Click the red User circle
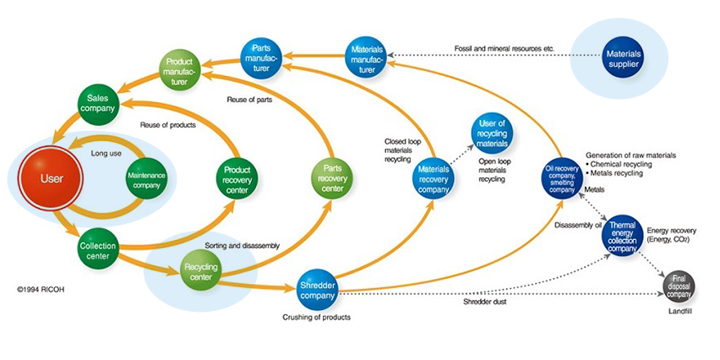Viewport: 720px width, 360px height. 52,179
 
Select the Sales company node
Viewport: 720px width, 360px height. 98,104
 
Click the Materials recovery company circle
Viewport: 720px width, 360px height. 433,178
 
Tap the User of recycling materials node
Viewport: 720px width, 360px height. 492,131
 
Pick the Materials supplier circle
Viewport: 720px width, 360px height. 624,59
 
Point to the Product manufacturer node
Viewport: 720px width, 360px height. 180,71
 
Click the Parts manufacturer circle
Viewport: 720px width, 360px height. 261,57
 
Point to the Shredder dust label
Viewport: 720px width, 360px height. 484,302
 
